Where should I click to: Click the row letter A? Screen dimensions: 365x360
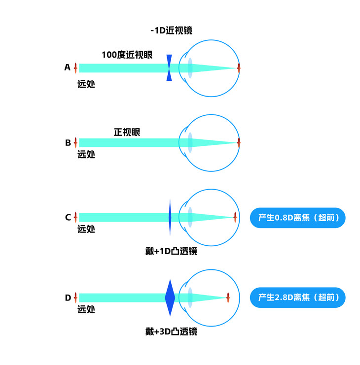coord(68,67)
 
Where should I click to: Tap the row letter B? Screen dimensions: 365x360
coord(68,143)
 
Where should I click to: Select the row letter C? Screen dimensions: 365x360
coord(68,217)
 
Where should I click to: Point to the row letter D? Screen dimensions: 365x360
coord(68,298)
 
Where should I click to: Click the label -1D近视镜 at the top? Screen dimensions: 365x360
coord(171,31)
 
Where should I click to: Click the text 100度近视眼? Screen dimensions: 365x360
coord(127,55)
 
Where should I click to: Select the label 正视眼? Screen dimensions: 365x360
coord(127,132)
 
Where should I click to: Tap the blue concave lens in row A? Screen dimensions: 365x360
coord(169,67)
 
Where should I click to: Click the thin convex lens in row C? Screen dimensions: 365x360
coord(170,217)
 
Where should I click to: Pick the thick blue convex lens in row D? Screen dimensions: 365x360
coord(170,298)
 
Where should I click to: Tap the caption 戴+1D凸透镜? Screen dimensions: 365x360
coord(171,251)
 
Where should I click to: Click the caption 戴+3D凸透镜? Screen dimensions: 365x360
coord(171,332)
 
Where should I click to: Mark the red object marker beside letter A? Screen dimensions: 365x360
coord(75,67)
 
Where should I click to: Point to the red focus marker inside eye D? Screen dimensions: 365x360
coord(228,298)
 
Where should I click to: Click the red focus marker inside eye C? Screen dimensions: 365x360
coord(235,217)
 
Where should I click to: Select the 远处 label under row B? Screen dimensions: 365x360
coord(86,154)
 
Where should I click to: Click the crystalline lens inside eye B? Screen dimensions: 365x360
coord(190,143)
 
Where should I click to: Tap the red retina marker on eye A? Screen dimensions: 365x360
coord(239,67)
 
